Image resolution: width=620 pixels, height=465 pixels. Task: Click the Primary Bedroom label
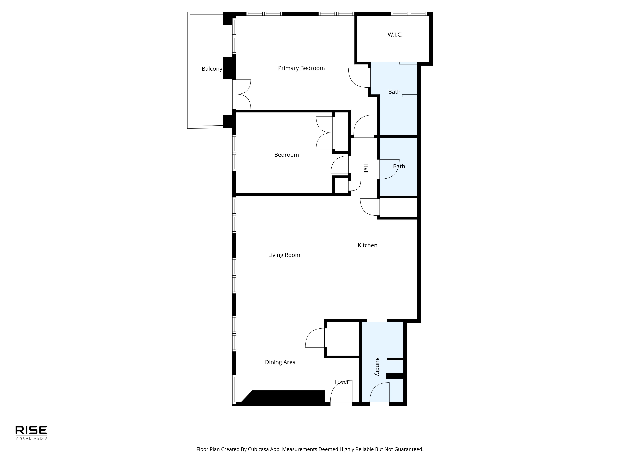point(301,68)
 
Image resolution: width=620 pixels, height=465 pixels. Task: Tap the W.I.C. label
point(395,35)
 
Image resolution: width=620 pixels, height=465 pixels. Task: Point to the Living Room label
point(284,255)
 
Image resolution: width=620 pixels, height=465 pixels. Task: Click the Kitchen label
point(368,245)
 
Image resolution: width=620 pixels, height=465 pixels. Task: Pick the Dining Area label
point(280,362)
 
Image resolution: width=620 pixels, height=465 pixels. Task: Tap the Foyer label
point(342,382)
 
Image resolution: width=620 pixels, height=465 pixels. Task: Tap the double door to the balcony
point(242,94)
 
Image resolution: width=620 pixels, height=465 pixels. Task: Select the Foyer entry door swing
point(341,393)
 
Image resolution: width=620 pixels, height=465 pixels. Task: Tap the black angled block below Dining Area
point(283,397)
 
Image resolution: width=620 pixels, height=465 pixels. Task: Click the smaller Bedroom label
point(286,155)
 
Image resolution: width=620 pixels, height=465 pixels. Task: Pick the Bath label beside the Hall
point(399,166)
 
